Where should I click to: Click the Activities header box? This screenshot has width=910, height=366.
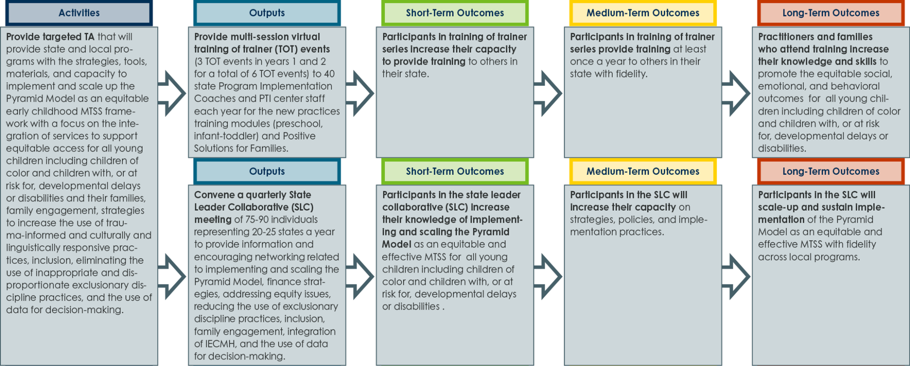click(79, 13)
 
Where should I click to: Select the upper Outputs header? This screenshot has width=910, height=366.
click(267, 13)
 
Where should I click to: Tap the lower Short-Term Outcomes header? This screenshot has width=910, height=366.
click(455, 171)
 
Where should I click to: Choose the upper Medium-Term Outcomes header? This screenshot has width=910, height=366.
click(643, 13)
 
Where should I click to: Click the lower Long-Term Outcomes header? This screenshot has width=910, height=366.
click(831, 171)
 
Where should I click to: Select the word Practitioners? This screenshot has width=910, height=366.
click(786, 37)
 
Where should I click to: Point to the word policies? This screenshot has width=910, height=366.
click(635, 220)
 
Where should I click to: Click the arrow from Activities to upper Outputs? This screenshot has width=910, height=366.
click(172, 93)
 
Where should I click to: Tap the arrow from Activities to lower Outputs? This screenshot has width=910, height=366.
click(172, 277)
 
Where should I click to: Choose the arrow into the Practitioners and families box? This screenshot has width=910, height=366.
click(736, 93)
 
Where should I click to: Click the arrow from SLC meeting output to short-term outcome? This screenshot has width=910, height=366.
click(360, 277)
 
